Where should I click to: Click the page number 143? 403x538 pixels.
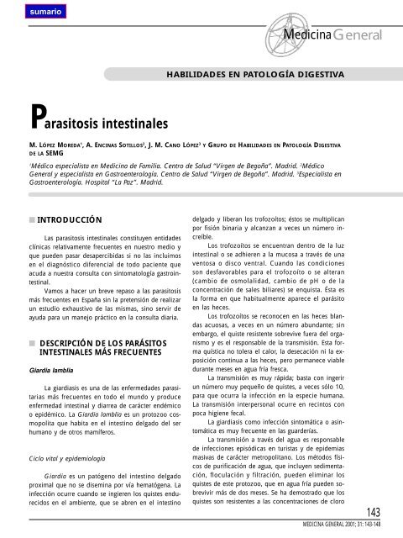tap(370, 513)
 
